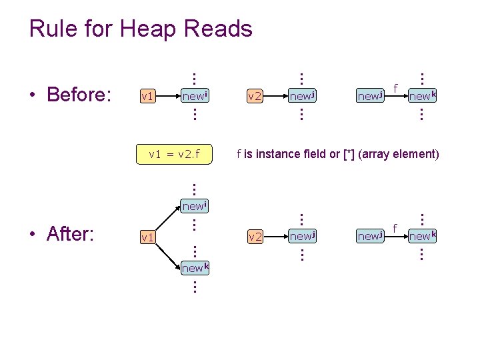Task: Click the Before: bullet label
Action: point(78,95)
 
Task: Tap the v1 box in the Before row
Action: point(148,97)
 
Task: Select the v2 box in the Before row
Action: point(255,97)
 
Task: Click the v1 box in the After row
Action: point(148,237)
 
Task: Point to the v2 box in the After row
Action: point(255,237)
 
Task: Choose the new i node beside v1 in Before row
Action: point(195,96)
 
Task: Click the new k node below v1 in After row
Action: point(195,267)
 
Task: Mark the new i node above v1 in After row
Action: point(195,206)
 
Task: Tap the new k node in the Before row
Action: point(422,96)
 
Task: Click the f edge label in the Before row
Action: point(396,87)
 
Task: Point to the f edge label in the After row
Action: point(396,227)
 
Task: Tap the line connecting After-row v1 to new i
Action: point(169,219)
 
